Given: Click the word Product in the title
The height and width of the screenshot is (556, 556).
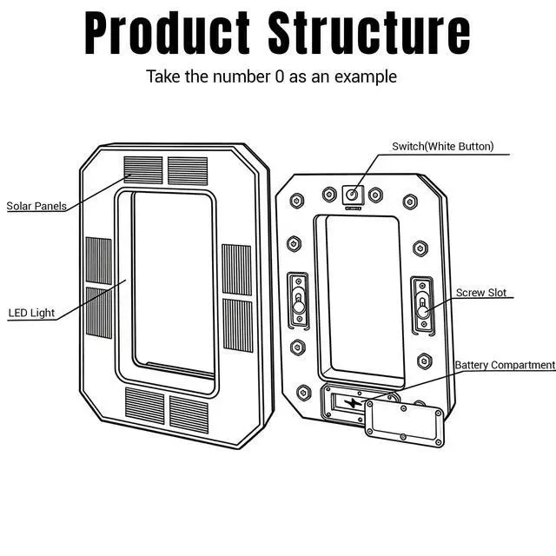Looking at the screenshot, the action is point(167,33).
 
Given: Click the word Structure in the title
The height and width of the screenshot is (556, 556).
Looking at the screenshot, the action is point(369,33).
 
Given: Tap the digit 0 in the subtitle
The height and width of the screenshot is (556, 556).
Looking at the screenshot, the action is point(280,76).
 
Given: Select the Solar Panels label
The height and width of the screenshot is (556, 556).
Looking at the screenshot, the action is point(36,206).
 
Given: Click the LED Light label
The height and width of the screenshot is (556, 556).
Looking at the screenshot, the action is point(31,313).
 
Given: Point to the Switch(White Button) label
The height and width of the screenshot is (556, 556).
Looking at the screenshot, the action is point(442,147).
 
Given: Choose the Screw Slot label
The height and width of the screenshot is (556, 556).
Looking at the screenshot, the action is point(480,293).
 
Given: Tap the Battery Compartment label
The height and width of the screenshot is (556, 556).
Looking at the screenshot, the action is point(505,365).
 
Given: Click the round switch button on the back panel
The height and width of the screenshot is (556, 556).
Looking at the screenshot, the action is point(352,195).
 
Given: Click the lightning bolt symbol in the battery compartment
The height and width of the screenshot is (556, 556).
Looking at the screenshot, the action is point(353,403).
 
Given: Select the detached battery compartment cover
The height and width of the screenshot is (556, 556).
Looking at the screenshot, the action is point(404,423).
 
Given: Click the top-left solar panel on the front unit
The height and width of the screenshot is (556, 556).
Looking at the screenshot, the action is point(143,170).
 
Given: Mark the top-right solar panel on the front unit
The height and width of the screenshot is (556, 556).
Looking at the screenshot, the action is point(188,171).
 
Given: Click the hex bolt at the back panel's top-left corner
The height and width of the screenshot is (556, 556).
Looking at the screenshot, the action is point(296,201).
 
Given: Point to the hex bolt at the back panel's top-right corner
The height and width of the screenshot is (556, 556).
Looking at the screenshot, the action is point(410,202).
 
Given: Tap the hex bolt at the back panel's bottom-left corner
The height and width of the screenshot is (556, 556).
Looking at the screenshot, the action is point(303,393).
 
